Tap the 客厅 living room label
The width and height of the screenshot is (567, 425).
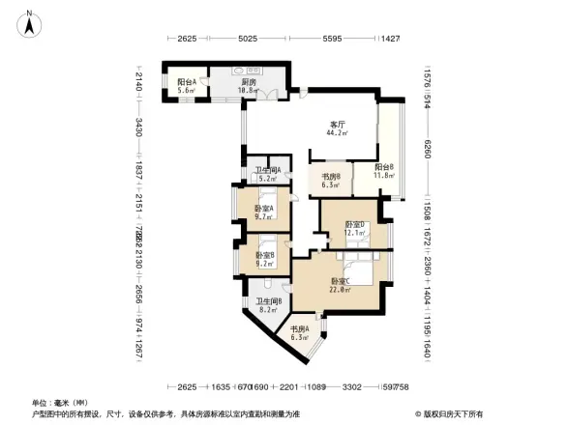tap(339, 124)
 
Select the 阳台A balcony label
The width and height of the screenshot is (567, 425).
tap(187, 82)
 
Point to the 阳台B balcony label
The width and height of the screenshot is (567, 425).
tap(384, 167)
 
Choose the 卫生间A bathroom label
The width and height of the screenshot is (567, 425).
tap(268, 172)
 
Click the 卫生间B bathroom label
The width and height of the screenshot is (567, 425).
tap(268, 302)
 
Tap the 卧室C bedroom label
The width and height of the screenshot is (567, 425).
tap(339, 280)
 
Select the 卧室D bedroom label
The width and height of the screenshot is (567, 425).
tap(354, 225)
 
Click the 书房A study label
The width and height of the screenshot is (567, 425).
tap(299, 329)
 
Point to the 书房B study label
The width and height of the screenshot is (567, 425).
tap(330, 176)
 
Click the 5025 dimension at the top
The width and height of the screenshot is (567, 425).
tap(248, 40)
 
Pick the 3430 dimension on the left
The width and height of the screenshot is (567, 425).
tap(139, 126)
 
